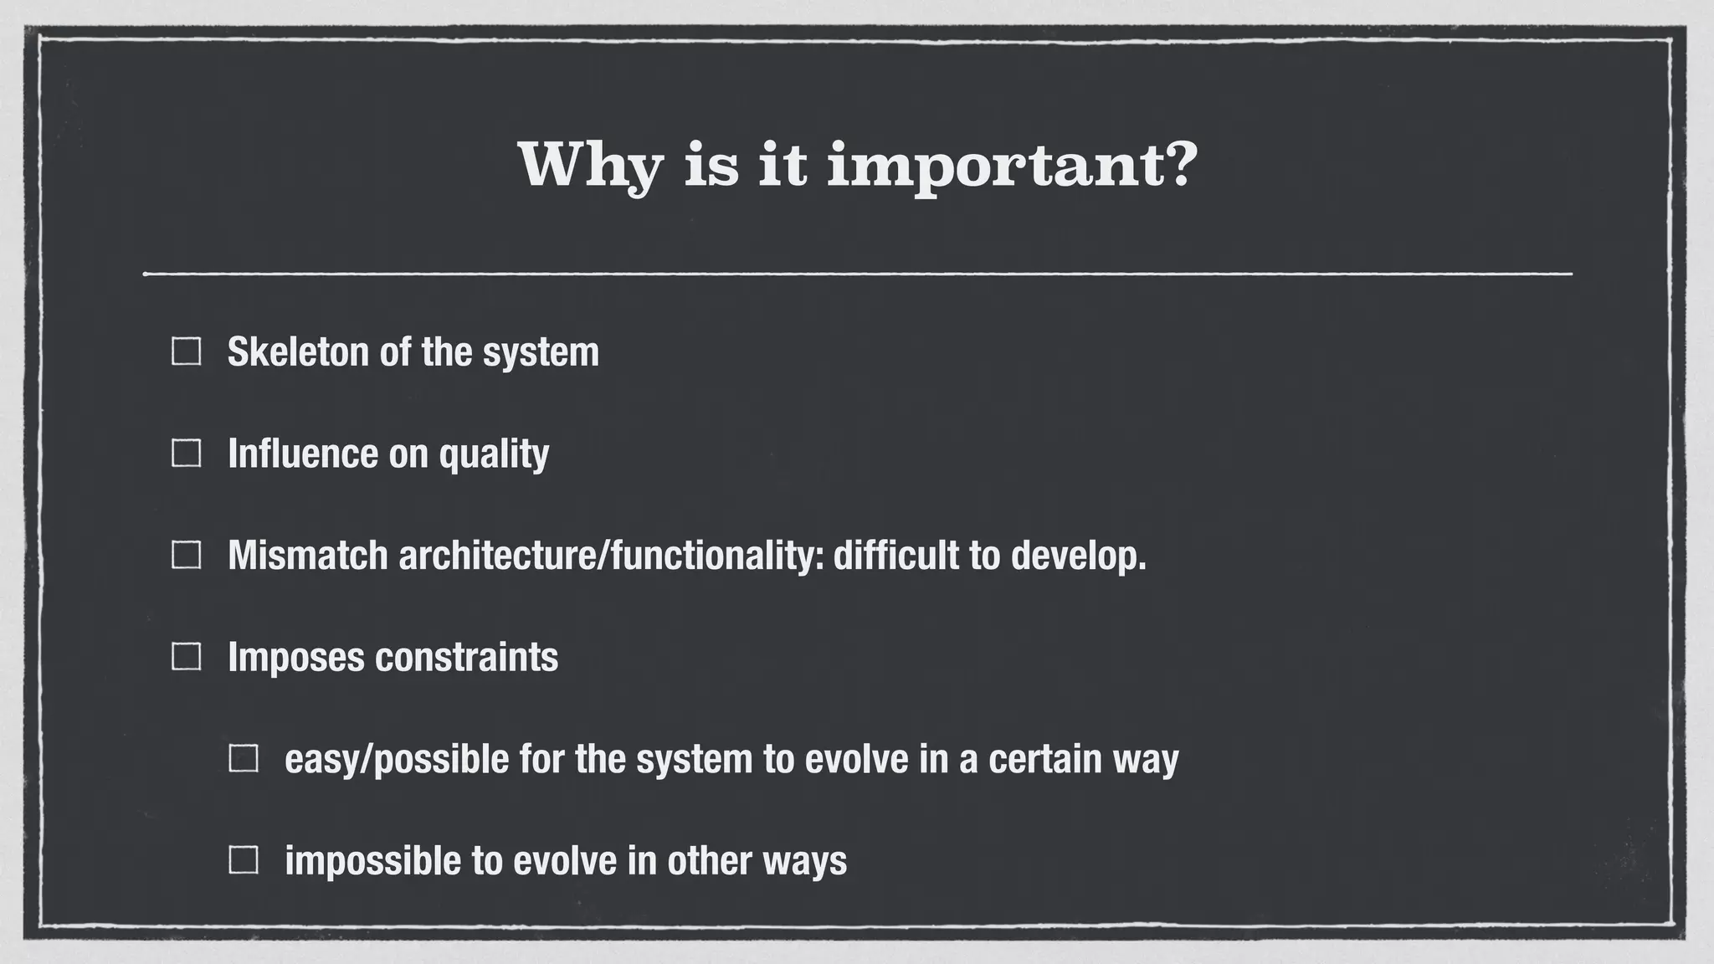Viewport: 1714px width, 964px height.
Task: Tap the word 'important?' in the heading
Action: pos(1013,165)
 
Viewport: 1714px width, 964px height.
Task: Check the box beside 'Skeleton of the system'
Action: pos(186,351)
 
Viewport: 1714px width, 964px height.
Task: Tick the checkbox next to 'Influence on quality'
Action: pos(186,454)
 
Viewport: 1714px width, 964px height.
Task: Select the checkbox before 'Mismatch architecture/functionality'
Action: pos(186,555)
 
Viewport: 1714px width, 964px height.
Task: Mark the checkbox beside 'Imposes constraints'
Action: pos(186,657)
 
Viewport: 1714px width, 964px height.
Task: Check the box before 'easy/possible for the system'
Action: pos(244,759)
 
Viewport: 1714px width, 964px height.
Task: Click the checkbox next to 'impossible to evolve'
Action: pos(244,860)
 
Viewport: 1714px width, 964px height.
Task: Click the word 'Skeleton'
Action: pos(298,351)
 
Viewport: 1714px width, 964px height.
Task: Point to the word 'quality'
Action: pos(494,454)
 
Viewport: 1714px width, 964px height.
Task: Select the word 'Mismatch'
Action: pos(307,555)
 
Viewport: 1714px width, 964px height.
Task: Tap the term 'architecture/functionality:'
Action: pos(611,555)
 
